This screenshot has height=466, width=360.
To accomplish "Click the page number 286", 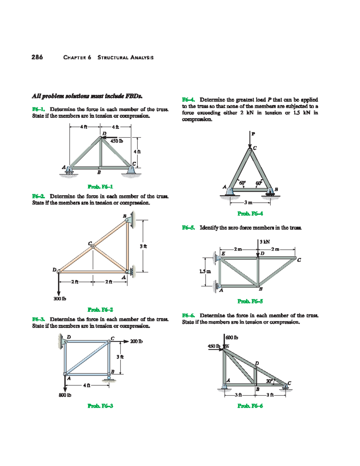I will [37, 57].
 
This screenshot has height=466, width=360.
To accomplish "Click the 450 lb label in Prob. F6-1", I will [116, 141].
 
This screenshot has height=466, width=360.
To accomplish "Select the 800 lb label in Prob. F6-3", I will [65, 395].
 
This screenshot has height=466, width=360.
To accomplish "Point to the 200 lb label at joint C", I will [136, 341].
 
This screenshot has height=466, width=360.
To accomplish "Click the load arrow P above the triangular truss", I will [250, 140].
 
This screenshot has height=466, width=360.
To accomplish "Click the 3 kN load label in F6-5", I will [265, 242].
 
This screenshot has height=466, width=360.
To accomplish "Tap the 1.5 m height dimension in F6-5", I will [205, 271].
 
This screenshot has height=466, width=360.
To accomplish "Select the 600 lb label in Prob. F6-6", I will [232, 338].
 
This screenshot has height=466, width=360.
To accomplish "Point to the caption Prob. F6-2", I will [100, 309].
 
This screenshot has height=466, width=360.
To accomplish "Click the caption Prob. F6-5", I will [250, 301].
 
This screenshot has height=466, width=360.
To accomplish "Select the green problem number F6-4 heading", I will [188, 100].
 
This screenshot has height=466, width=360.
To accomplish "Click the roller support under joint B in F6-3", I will [109, 379].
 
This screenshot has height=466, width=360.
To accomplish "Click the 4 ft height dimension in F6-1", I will [137, 152].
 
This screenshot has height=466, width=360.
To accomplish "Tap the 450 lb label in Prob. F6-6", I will [214, 346].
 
